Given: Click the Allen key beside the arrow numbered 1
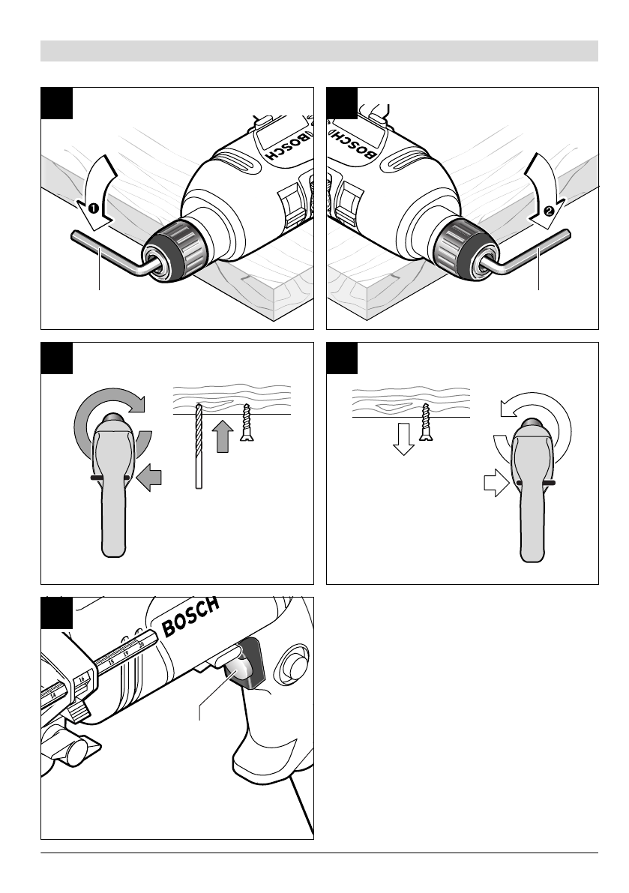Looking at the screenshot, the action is [x=97, y=250].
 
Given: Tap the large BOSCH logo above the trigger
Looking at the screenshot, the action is [x=190, y=617].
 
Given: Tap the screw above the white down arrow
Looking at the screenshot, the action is [x=427, y=421].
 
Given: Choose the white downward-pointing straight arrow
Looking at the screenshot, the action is [x=404, y=439].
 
